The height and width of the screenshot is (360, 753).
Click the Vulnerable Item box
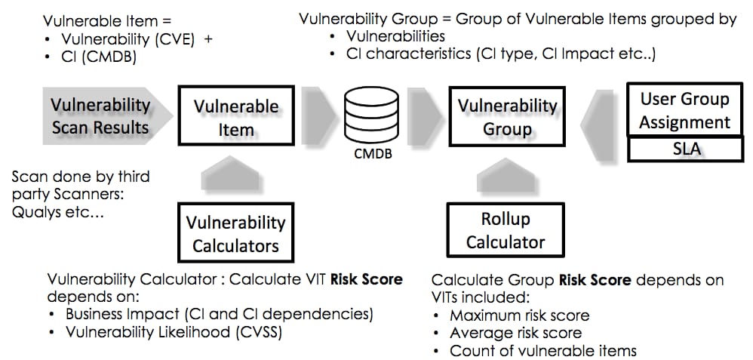tap(236, 117)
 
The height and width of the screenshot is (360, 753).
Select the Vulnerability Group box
tap(507, 117)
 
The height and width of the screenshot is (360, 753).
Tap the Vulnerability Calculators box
tap(235, 234)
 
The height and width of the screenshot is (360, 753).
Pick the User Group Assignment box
tap(685, 109)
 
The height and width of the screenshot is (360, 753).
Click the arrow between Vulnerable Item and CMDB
tap(315, 115)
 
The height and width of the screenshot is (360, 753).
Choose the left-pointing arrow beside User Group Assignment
tap(604, 117)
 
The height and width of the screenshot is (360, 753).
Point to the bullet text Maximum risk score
tap(519, 315)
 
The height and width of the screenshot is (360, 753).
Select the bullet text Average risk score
tap(515, 333)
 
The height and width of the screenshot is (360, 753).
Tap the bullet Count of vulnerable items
tap(542, 351)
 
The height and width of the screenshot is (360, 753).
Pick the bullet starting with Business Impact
tap(219, 314)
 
